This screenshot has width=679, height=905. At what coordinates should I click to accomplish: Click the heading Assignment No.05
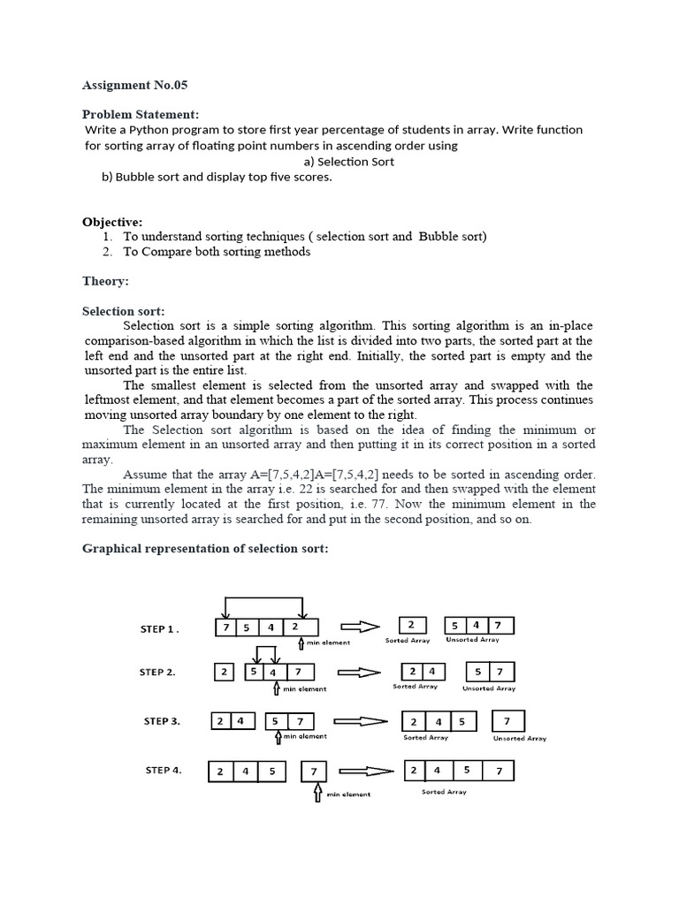135,86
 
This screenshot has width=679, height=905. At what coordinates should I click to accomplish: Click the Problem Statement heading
141,114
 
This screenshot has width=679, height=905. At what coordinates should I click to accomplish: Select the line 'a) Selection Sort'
348,162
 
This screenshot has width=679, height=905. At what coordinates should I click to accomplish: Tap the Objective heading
112,222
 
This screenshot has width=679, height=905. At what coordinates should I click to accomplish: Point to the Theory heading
105,281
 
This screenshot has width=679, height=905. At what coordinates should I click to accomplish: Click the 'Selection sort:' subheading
123,311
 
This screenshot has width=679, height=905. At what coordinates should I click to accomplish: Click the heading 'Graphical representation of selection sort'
205,548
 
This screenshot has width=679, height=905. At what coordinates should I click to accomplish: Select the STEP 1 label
159,629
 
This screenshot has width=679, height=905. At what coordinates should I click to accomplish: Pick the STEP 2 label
157,673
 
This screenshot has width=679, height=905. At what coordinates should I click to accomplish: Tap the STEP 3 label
162,721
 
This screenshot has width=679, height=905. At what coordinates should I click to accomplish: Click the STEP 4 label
163,770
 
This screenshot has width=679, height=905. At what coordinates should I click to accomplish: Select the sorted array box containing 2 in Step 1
411,626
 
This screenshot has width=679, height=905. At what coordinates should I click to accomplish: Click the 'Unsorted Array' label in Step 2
489,688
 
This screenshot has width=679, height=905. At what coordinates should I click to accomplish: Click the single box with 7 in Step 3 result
507,719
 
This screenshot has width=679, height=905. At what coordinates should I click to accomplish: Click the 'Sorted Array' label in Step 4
444,792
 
